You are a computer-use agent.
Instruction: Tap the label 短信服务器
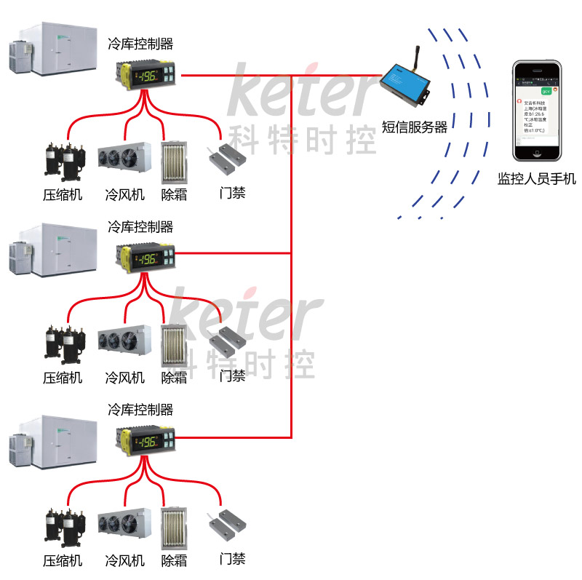[415, 127]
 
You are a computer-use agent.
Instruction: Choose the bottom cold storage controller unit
[148, 440]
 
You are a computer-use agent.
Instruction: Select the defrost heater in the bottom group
[174, 525]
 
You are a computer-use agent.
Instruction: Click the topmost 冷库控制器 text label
[140, 44]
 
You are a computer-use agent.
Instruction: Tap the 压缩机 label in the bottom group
[62, 561]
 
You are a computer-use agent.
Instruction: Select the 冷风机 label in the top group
[124, 195]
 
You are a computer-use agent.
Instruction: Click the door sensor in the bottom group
[228, 522]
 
